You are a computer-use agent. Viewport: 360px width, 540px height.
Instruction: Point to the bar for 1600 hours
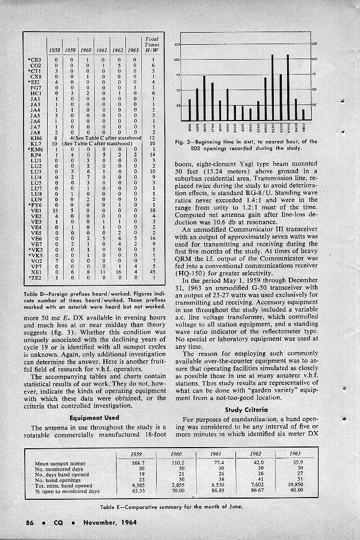pyautogui.click(x=204, y=98)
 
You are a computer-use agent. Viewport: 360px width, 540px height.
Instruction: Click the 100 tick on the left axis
pyautogui.click(x=177, y=59)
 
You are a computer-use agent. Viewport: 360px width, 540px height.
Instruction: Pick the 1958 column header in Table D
pyautogui.click(x=55, y=50)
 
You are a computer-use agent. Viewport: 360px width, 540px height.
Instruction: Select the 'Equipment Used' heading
pyautogui.click(x=94, y=417)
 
